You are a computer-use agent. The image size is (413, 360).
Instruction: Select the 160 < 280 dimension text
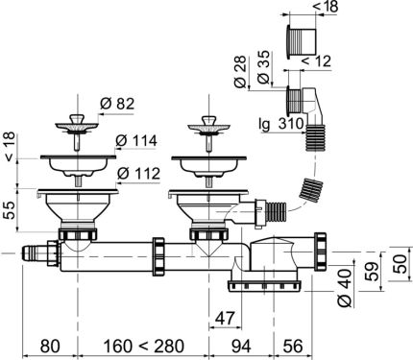[144, 344]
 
